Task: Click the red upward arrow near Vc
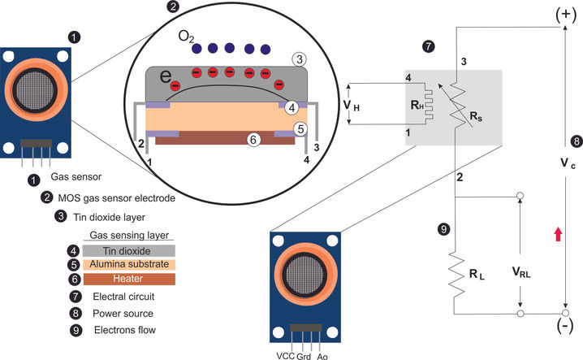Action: click(x=558, y=235)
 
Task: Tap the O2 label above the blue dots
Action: click(x=186, y=37)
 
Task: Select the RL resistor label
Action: click(x=477, y=275)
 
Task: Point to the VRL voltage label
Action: click(x=521, y=272)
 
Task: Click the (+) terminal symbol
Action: click(x=566, y=14)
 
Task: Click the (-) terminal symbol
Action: click(x=565, y=326)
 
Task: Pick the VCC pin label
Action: click(x=286, y=356)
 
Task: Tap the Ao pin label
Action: click(x=322, y=356)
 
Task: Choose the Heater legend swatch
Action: click(x=129, y=279)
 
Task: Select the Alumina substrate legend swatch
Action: click(x=129, y=264)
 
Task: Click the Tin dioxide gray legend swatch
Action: click(x=129, y=250)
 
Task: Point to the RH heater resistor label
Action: click(x=417, y=105)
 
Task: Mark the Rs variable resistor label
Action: click(x=477, y=116)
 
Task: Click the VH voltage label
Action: click(x=352, y=106)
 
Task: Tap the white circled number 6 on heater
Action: click(x=253, y=140)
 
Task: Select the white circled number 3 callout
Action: click(x=300, y=59)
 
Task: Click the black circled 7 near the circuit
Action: click(x=429, y=46)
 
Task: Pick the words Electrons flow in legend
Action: click(x=125, y=330)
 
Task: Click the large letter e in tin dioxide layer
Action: click(x=166, y=76)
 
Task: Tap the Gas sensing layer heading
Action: click(x=129, y=236)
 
